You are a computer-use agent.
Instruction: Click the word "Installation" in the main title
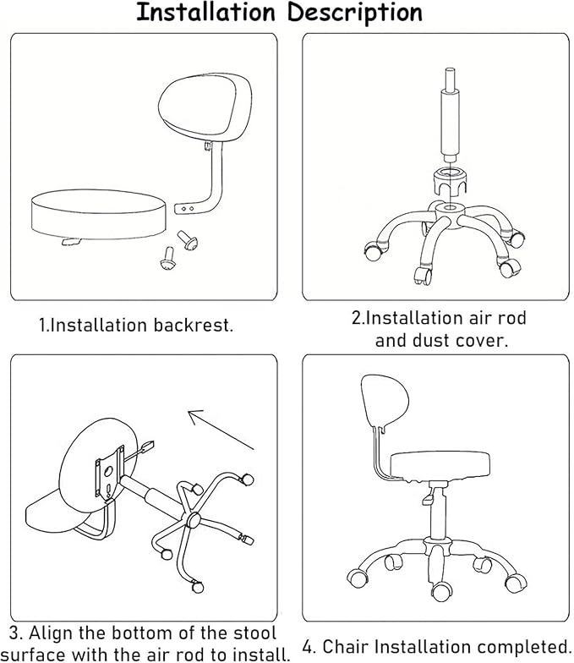[205, 12]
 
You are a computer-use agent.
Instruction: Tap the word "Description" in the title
[355, 14]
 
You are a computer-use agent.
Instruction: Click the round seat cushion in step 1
[100, 215]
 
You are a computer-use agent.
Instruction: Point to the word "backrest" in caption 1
[193, 325]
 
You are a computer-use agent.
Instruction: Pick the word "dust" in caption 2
[430, 340]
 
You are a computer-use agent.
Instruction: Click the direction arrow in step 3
[221, 430]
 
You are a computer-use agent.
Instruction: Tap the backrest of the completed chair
[384, 401]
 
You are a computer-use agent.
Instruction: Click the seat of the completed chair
[440, 465]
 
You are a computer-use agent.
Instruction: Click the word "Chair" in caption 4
[347, 647]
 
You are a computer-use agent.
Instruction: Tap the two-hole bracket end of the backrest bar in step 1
[186, 208]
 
